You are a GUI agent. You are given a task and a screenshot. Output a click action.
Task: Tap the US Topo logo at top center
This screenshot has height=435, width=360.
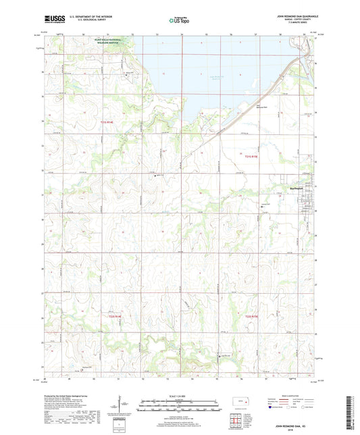[179, 20]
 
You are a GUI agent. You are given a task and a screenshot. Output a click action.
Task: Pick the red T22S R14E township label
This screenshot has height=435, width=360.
[116, 315]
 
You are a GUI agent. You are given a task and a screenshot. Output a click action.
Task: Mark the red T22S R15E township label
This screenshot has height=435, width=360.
[251, 315]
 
